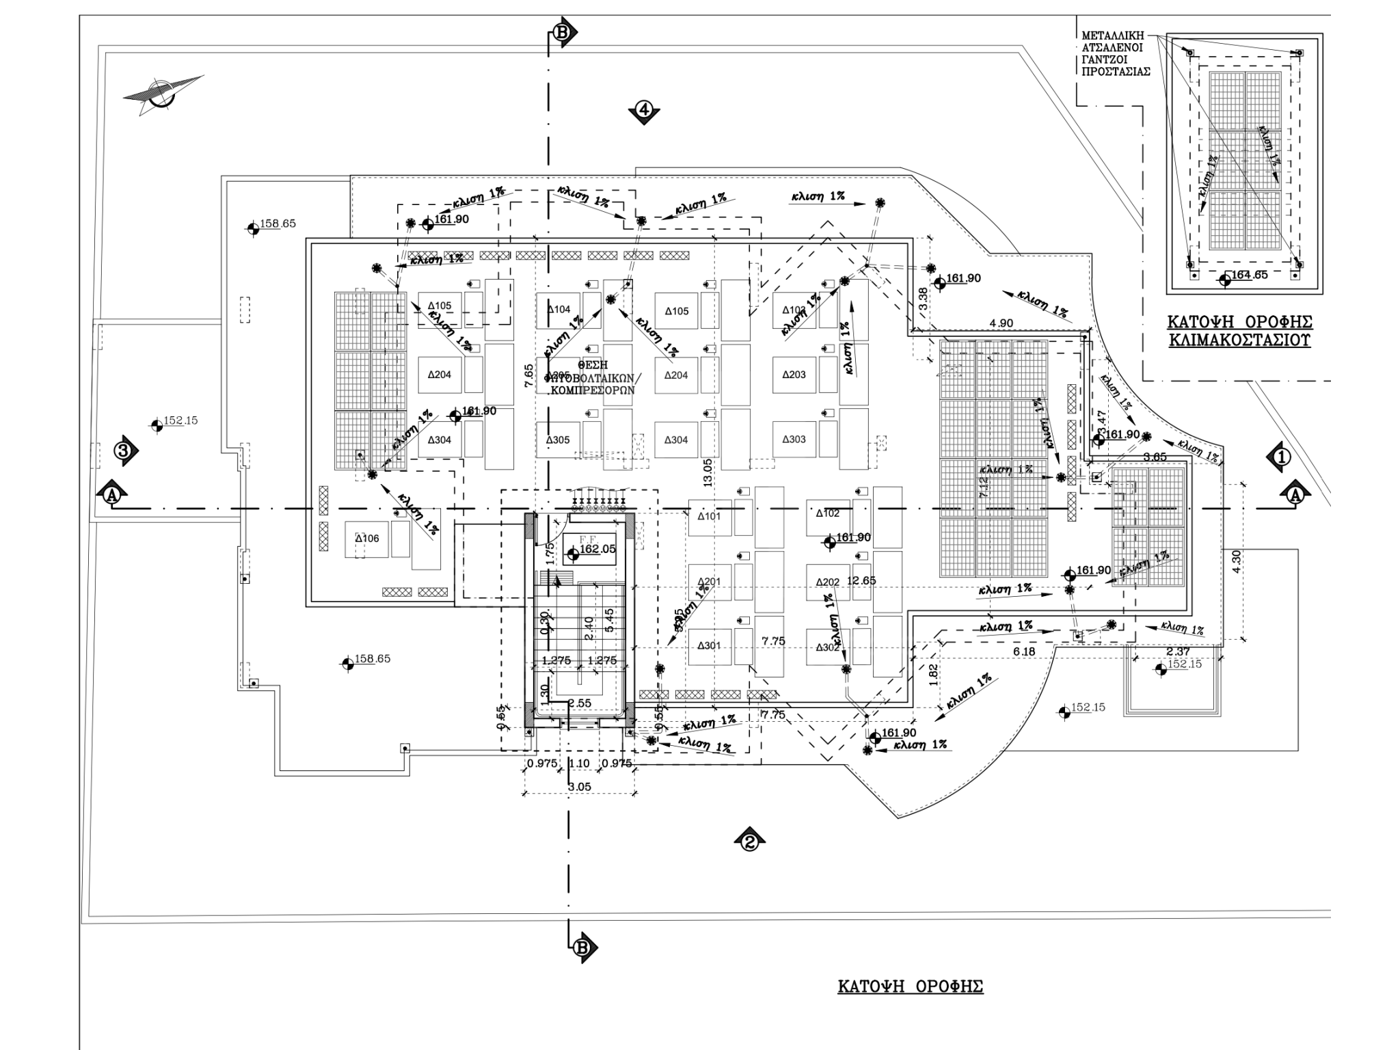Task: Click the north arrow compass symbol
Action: click(x=163, y=94)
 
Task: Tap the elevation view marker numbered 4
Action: click(x=645, y=110)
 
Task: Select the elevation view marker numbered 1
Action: click(x=1280, y=457)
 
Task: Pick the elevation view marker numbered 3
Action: click(x=124, y=450)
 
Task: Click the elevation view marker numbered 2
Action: click(x=749, y=840)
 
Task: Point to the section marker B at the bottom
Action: click(x=582, y=947)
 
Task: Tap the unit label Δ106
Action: click(x=366, y=539)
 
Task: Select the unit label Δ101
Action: click(x=709, y=516)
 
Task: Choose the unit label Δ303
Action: click(x=794, y=440)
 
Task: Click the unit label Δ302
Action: click(x=827, y=647)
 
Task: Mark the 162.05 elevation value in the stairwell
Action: click(x=597, y=549)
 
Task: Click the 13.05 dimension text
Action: click(x=708, y=472)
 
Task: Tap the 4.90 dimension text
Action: click(x=1001, y=323)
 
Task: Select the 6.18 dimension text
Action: click(x=1023, y=652)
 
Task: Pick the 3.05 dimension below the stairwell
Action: click(x=579, y=787)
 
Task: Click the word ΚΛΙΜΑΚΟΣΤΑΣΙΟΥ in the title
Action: click(x=1239, y=340)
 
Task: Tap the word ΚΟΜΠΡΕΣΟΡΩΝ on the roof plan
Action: click(x=593, y=390)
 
